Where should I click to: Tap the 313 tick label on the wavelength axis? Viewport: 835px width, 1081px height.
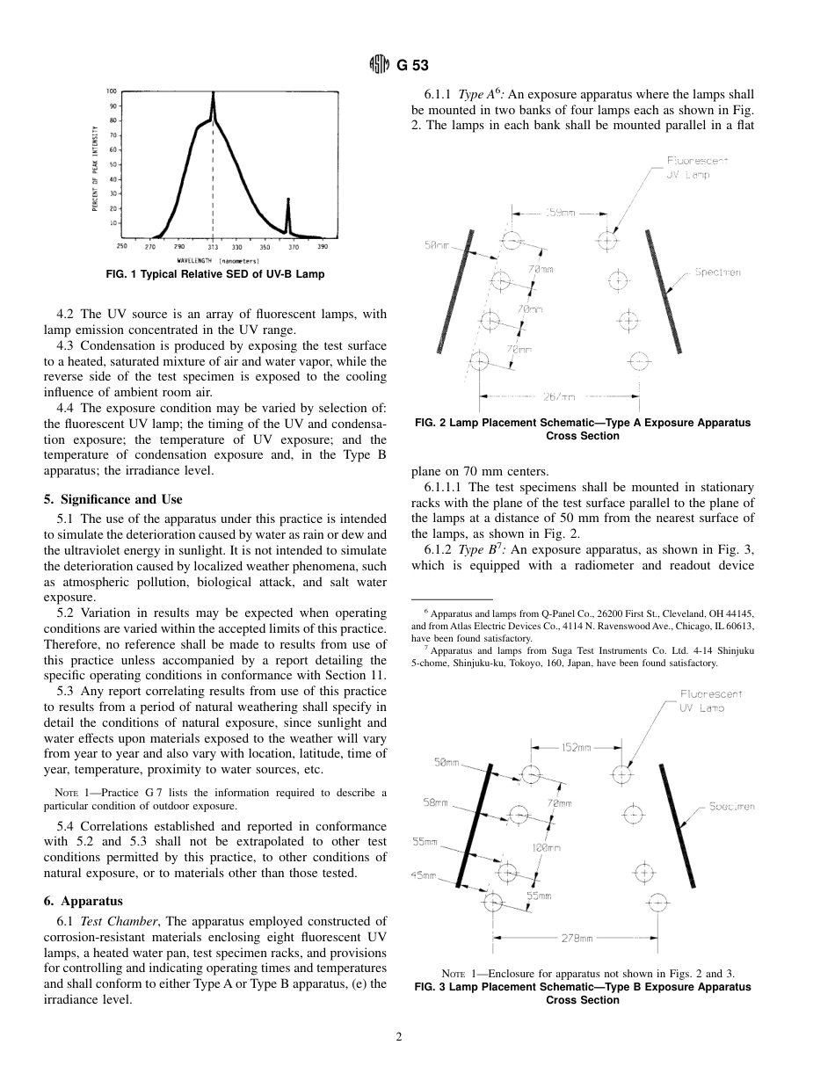(x=213, y=247)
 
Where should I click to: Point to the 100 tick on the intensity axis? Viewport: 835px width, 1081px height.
(x=112, y=91)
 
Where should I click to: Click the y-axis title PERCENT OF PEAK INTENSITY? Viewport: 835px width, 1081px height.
(x=94, y=168)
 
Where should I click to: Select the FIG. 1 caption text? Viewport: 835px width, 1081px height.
(x=214, y=274)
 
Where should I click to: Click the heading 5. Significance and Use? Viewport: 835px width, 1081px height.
(x=113, y=499)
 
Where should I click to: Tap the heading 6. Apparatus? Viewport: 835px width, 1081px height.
(x=83, y=901)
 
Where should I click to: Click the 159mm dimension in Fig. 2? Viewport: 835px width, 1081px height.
(x=561, y=213)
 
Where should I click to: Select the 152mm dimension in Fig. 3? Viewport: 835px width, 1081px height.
(x=576, y=748)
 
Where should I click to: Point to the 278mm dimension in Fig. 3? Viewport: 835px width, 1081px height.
(x=577, y=938)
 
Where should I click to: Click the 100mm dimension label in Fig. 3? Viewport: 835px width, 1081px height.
(x=546, y=847)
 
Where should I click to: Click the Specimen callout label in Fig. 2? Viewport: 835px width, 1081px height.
(x=717, y=272)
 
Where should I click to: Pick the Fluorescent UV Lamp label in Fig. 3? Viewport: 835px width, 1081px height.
(x=710, y=700)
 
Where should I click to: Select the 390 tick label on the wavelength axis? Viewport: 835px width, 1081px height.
(x=322, y=247)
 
